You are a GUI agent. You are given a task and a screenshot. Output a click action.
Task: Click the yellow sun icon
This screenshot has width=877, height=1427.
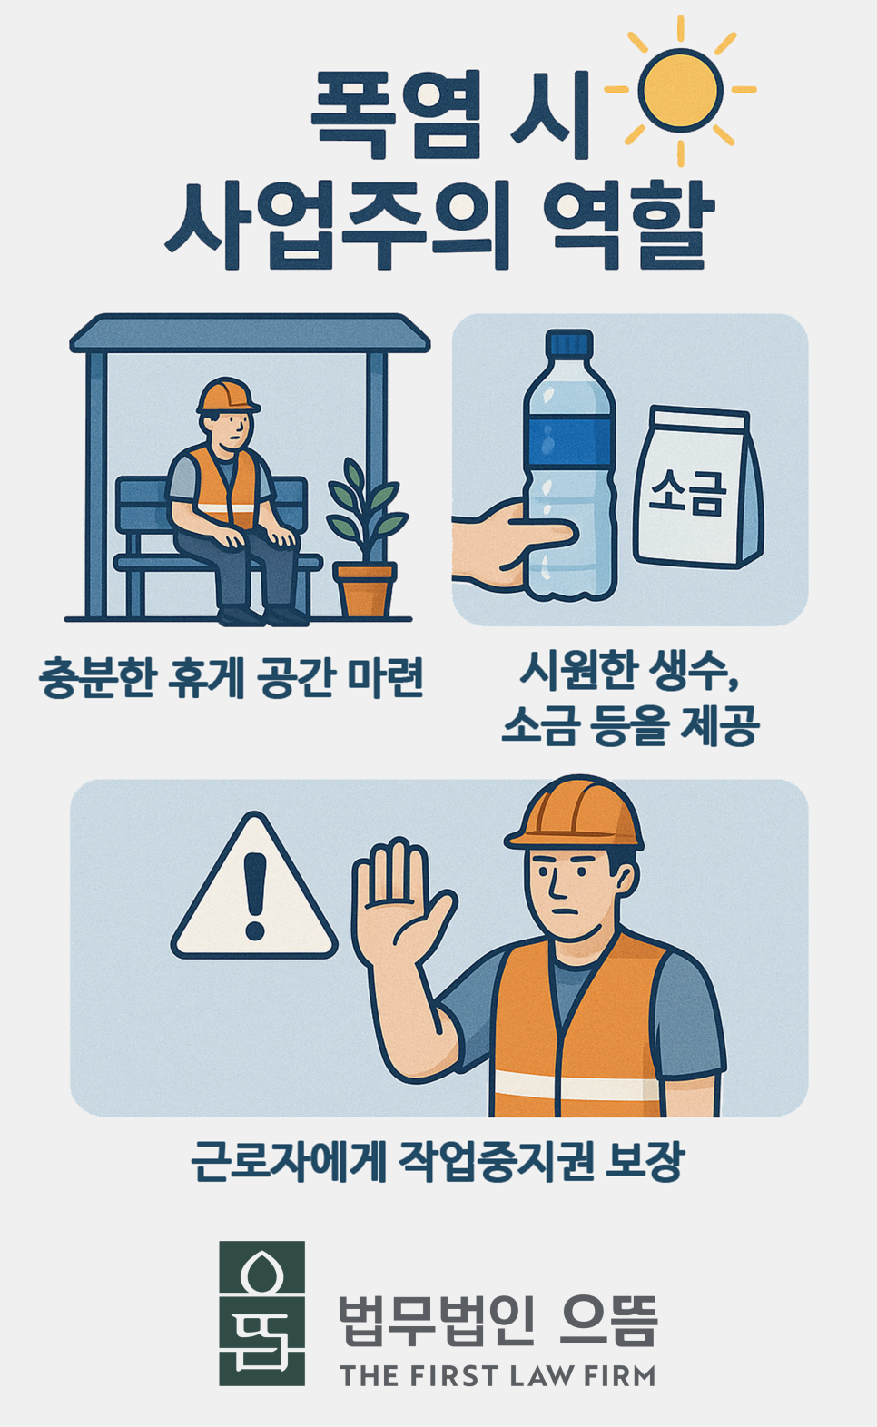(x=681, y=89)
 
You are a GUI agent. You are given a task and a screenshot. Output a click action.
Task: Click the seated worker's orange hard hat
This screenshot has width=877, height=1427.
(x=226, y=396)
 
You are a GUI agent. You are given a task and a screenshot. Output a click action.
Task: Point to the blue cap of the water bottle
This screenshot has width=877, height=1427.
(x=568, y=343)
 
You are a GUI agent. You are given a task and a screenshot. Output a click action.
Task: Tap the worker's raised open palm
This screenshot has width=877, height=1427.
(x=399, y=908)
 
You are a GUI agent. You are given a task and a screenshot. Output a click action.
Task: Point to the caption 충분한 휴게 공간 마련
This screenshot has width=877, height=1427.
(x=232, y=677)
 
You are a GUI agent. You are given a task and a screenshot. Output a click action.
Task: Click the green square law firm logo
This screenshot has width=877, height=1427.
(x=261, y=1313)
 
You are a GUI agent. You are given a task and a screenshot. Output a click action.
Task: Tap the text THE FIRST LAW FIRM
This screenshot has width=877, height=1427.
(x=498, y=1376)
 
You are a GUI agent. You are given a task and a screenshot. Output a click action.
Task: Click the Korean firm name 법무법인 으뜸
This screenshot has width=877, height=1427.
(x=498, y=1321)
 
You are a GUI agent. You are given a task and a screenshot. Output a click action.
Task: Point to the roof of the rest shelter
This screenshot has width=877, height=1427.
(x=250, y=333)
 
